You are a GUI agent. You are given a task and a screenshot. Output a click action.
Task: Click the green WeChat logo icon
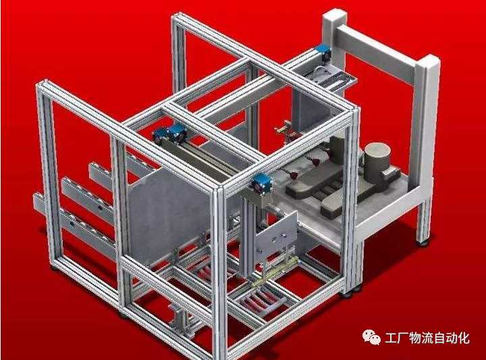pyautogui.click(x=371, y=337)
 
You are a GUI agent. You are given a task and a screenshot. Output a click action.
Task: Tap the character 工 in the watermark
pyautogui.click(x=391, y=338)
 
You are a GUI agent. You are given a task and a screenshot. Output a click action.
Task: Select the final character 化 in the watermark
pyautogui.click(x=464, y=338)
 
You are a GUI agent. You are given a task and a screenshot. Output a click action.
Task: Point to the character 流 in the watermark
pyautogui.click(x=427, y=338)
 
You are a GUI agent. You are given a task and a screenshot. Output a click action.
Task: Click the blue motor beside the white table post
pyautogui.click(x=323, y=53)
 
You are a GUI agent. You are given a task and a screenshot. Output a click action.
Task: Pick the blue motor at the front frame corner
pyautogui.click(x=261, y=184)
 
